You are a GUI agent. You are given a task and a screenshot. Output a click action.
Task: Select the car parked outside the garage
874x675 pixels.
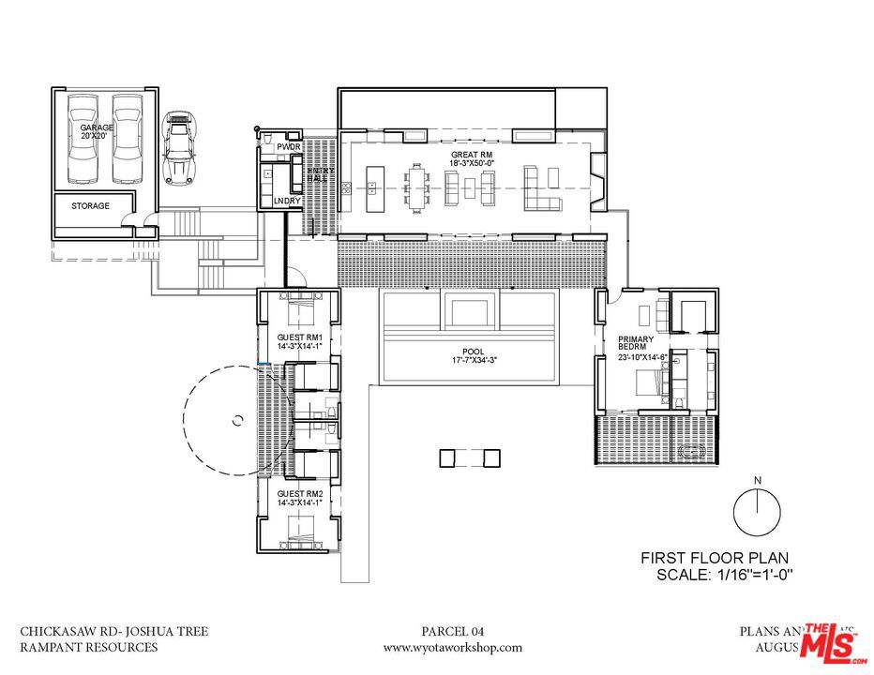point(180,148)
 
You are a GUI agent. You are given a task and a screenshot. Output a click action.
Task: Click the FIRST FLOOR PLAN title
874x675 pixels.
point(717,555)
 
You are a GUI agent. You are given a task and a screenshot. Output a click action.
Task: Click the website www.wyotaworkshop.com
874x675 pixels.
point(453,647)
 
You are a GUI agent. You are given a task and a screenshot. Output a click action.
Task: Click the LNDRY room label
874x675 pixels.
point(285,201)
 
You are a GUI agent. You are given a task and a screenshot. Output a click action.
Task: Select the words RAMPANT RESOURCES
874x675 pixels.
point(89,647)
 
